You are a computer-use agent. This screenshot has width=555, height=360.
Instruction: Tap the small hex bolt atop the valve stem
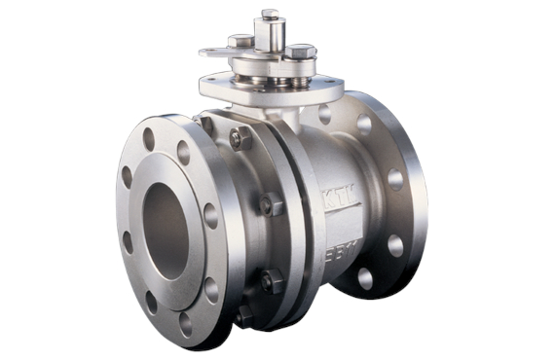[270, 14]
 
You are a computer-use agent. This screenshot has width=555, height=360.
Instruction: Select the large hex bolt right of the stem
[300, 51]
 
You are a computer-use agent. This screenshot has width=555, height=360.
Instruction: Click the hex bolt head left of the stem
[240, 41]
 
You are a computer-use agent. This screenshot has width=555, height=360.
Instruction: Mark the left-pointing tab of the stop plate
[208, 52]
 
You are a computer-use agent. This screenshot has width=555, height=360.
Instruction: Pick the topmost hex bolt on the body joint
[238, 139]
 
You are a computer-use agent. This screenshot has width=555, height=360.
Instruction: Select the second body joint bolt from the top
[270, 206]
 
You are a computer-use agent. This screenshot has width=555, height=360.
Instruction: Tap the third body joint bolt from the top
[267, 282]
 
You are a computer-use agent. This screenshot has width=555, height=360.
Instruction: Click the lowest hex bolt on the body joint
[243, 314]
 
